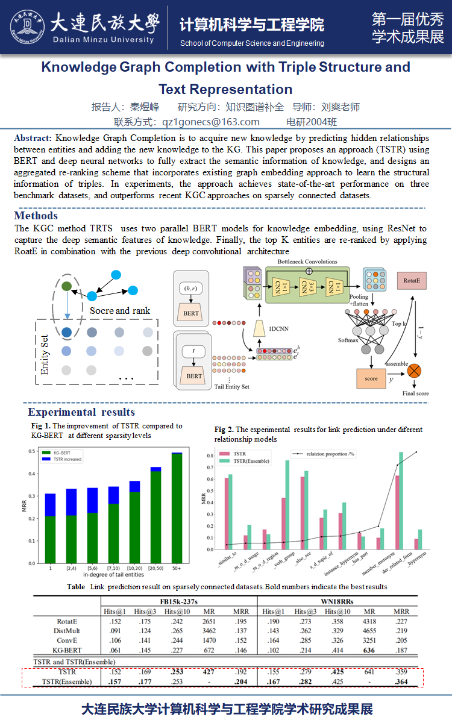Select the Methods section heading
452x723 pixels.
pyautogui.click(x=36, y=216)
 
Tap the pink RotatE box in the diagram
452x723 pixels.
pyautogui.click(x=412, y=280)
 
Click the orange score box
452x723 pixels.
pyautogui.click(x=371, y=378)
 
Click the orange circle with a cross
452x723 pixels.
pyautogui.click(x=414, y=371)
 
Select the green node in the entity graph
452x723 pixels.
pyautogui.click(x=67, y=286)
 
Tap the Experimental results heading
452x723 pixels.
pyautogui.click(x=81, y=412)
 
